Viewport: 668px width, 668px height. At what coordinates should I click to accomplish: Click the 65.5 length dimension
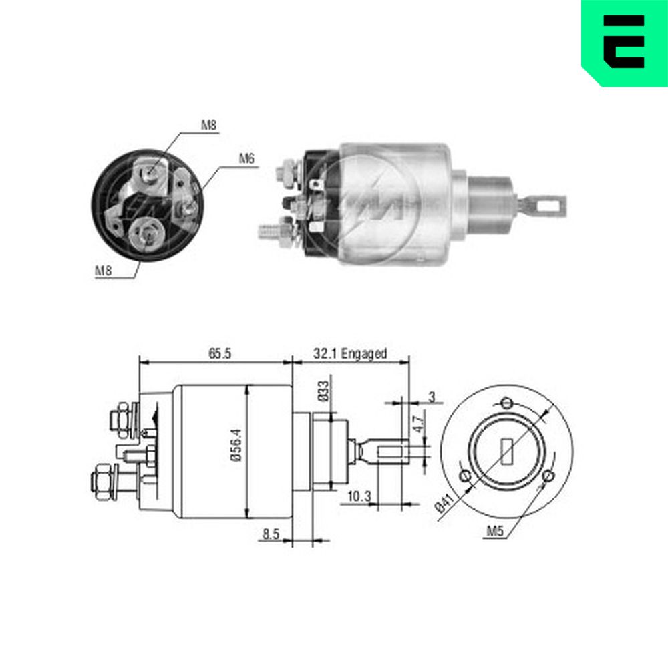point(220,353)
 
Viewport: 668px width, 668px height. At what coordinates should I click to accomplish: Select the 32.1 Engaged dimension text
point(350,353)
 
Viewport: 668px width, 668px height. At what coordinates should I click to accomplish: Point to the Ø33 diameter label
point(323,391)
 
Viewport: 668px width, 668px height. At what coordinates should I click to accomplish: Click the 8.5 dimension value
point(271,534)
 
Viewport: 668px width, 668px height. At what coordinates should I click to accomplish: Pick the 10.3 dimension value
point(359,496)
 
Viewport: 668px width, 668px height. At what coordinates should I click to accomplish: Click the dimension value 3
point(432,397)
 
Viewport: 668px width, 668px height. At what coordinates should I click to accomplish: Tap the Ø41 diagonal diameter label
point(444,503)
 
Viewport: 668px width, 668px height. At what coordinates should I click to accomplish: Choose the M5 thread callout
point(494,531)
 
